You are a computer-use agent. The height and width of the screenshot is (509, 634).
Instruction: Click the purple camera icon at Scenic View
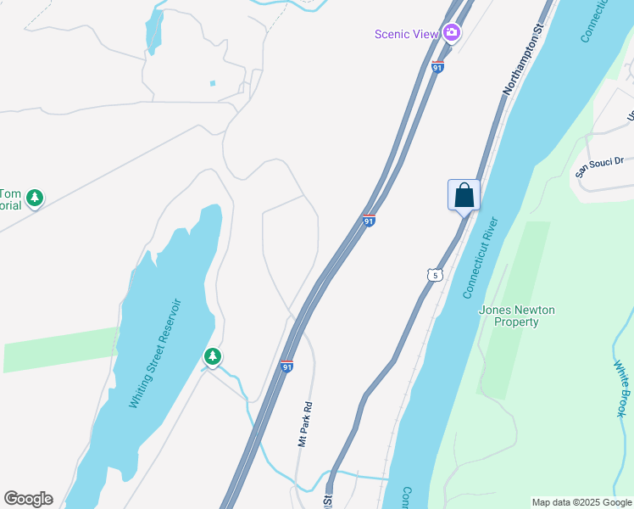(452, 33)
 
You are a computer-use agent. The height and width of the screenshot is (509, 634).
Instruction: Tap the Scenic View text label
(407, 34)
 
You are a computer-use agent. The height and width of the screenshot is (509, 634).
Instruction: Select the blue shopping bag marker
(464, 195)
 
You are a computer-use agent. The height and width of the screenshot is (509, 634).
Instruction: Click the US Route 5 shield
(435, 275)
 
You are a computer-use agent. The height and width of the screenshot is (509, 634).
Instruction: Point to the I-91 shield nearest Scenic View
(437, 67)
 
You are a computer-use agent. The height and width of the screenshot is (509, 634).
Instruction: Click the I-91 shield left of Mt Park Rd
(286, 366)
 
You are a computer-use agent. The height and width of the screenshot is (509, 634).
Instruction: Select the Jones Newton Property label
(517, 316)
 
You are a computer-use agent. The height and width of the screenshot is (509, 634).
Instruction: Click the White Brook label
(620, 388)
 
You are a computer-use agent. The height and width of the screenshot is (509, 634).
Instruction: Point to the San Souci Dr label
(599, 165)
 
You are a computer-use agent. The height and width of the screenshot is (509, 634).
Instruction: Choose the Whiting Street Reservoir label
(156, 353)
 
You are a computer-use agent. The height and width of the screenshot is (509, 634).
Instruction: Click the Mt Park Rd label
(305, 424)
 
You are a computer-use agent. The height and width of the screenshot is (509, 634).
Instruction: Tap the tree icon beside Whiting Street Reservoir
(213, 356)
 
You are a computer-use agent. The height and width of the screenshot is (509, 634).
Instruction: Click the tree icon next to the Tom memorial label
(34, 199)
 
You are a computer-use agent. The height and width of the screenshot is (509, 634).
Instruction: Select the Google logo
(28, 499)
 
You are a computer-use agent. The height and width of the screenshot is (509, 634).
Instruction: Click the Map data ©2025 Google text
(581, 502)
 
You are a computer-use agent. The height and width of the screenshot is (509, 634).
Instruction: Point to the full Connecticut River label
(481, 257)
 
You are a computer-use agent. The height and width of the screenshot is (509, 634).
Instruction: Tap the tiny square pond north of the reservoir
(212, 83)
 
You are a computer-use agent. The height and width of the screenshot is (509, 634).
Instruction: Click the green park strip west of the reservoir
(59, 349)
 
